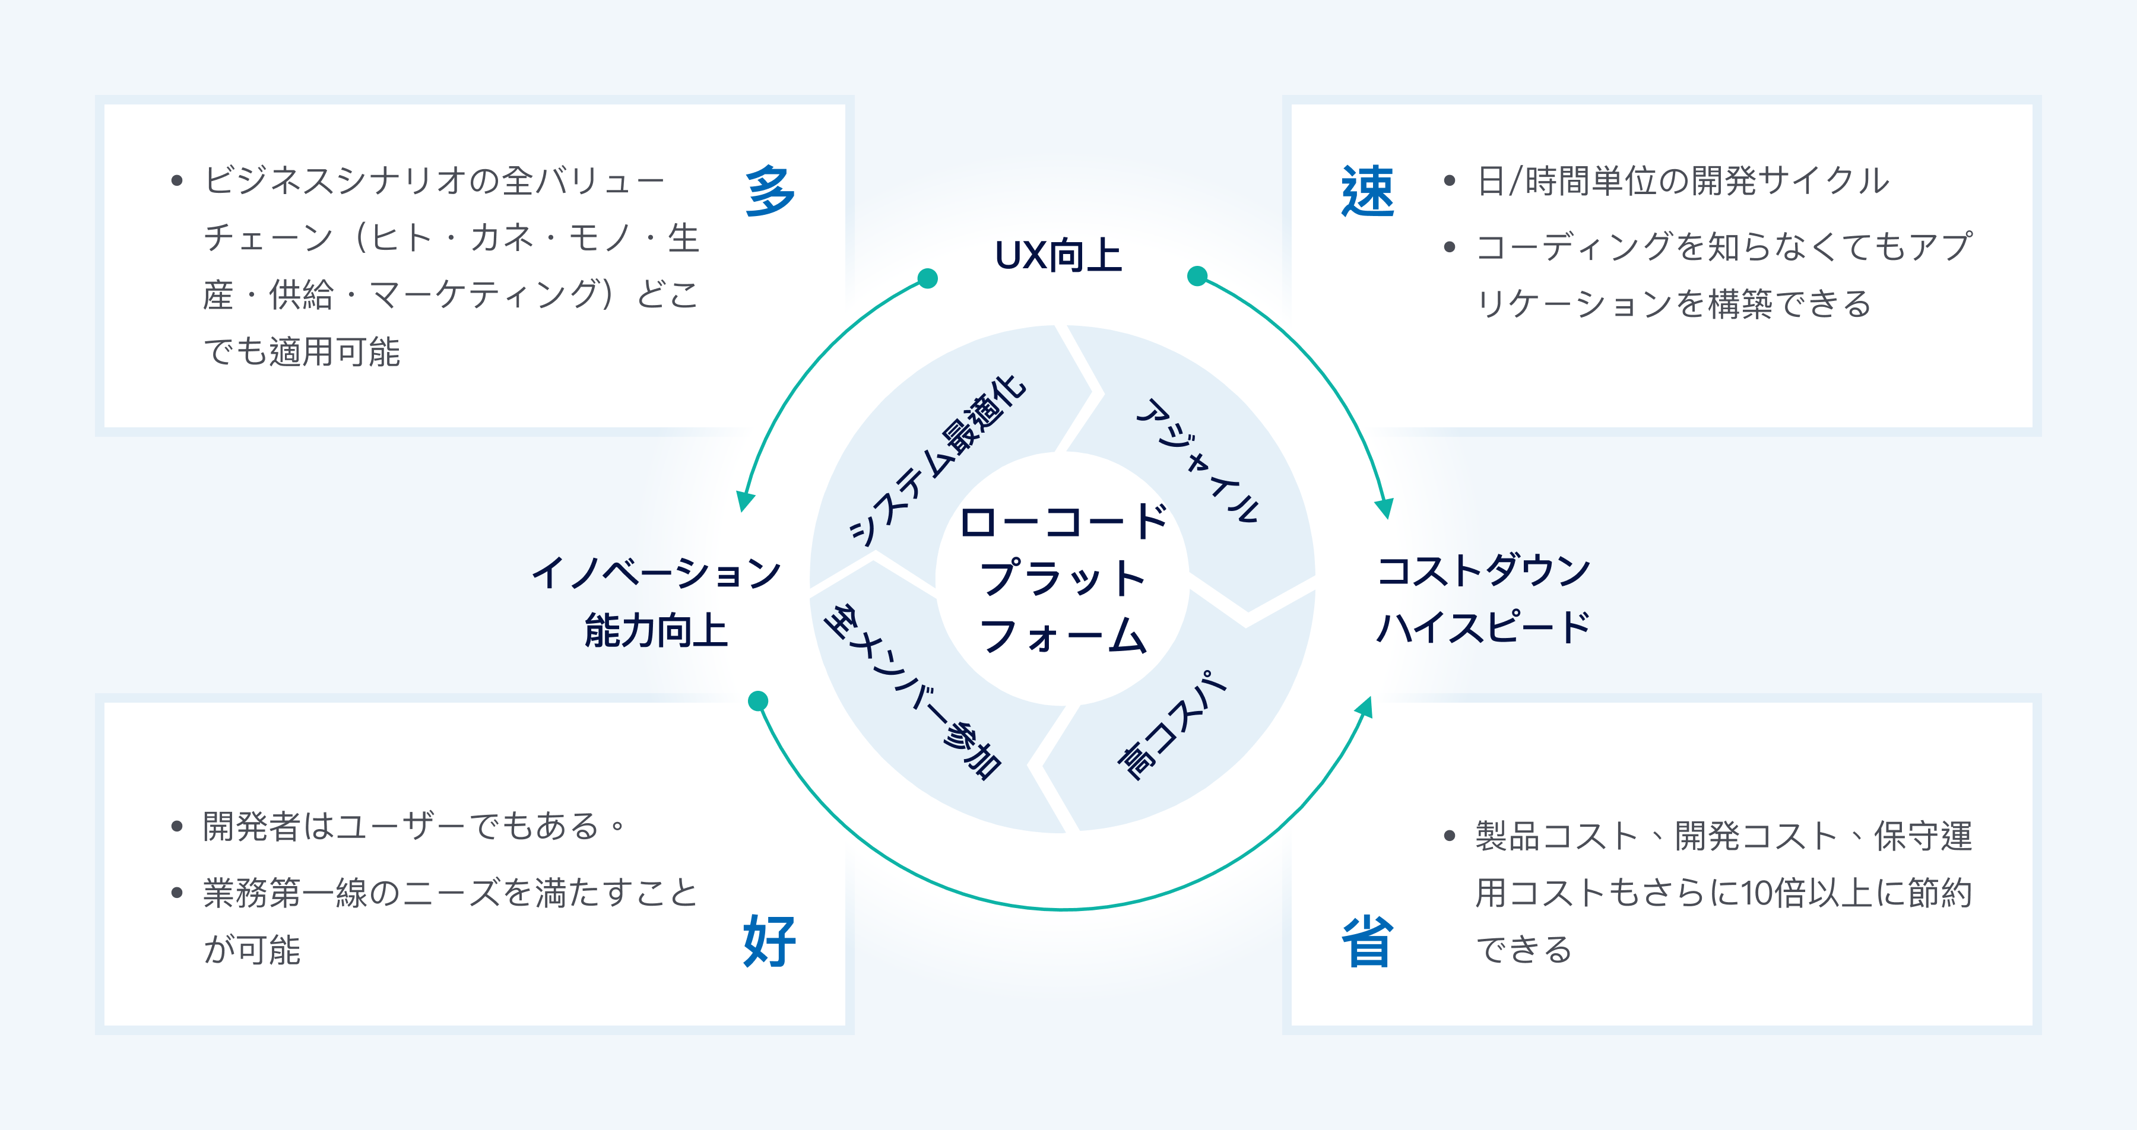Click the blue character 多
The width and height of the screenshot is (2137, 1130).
[x=770, y=191]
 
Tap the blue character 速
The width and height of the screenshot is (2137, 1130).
[x=1367, y=191]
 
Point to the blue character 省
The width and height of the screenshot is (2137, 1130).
[x=1367, y=942]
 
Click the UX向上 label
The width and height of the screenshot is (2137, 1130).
[x=1058, y=256]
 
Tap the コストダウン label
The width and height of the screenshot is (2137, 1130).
[x=1483, y=571]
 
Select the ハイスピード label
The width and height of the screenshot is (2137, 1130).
[x=1483, y=627]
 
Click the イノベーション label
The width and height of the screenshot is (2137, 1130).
[x=655, y=573]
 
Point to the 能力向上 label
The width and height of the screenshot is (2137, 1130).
[x=655, y=630]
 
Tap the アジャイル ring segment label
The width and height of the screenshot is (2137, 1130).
[x=1199, y=461]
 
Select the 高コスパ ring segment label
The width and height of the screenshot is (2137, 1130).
[x=1171, y=725]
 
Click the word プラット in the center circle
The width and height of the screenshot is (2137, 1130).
[x=1062, y=578]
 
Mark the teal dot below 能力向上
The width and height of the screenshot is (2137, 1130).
[x=757, y=701]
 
